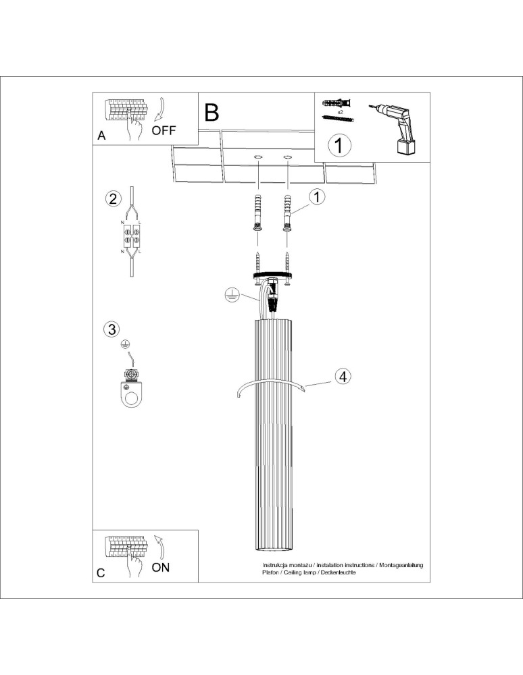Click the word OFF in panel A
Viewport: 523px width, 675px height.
164,131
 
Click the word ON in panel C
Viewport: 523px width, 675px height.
161,567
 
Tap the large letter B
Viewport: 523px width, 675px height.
211,112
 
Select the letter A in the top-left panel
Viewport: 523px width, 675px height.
101,136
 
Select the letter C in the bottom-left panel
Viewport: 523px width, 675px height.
101,573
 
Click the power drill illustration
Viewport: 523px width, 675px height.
395,128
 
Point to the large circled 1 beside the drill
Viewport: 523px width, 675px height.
340,144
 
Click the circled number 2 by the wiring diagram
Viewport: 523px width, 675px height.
113,198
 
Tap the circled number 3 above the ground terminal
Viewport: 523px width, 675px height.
112,329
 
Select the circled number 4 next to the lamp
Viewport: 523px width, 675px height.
343,377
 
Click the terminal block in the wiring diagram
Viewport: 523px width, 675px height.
130,236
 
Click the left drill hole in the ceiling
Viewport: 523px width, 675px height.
257,157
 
